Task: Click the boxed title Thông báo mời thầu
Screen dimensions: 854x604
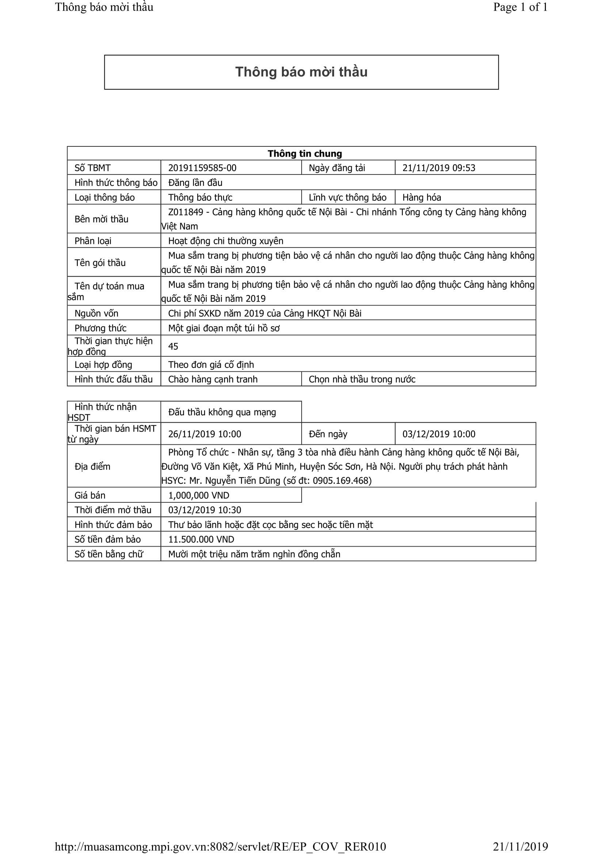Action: (301, 72)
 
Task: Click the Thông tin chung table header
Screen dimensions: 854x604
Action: (305, 154)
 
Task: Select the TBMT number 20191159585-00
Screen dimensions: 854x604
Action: (202, 168)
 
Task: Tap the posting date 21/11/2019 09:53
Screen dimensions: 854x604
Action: (439, 168)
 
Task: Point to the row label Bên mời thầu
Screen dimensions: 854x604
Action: (101, 219)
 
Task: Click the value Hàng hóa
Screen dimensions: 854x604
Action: (421, 198)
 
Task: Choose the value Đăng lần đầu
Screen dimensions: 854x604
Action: (195, 183)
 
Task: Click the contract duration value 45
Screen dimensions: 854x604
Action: (173, 346)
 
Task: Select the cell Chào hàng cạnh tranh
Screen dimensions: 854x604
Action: (213, 379)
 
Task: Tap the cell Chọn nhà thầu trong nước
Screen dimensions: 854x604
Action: (362, 379)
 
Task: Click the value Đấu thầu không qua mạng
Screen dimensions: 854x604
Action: (222, 412)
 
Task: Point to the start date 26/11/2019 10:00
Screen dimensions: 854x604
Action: (204, 434)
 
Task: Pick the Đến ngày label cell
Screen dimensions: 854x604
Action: (328, 434)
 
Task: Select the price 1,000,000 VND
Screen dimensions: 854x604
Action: (199, 495)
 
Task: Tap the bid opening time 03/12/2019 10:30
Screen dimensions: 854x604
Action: (204, 510)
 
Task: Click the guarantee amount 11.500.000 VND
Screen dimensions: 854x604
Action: (201, 539)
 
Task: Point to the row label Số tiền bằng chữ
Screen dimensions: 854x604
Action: (108, 554)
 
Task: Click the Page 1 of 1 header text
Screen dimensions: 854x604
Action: (520, 7)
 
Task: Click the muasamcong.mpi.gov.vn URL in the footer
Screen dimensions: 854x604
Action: (220, 847)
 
